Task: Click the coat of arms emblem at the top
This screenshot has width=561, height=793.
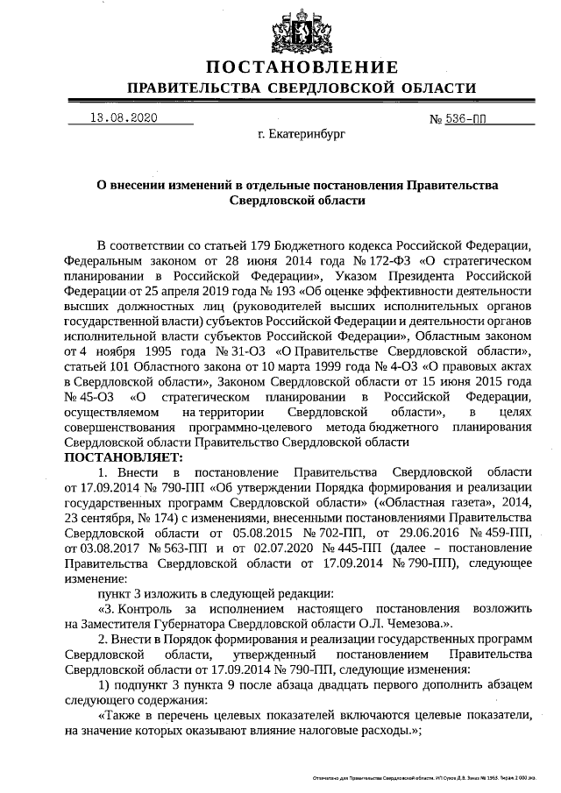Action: click(x=302, y=31)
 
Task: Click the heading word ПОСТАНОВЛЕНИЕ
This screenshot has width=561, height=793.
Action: click(x=302, y=67)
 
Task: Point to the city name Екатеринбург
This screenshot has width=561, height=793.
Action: click(x=302, y=137)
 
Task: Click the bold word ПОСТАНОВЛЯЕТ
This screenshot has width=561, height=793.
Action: click(x=123, y=456)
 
